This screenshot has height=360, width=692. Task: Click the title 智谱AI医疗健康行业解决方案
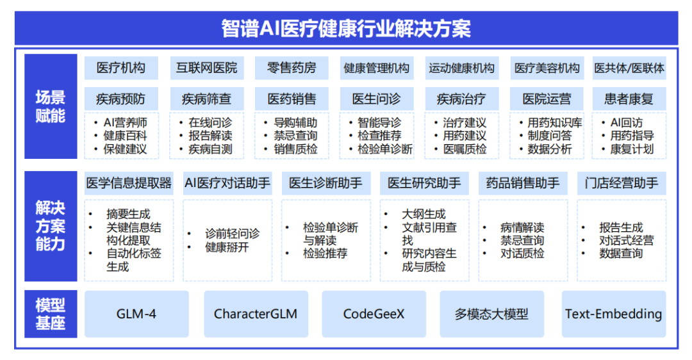(346, 28)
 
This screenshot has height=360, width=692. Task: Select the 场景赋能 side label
(51, 106)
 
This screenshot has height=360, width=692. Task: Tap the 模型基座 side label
(51, 314)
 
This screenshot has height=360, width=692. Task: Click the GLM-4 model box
(136, 314)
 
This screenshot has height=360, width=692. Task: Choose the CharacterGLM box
(256, 314)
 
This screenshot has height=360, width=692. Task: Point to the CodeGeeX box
(374, 314)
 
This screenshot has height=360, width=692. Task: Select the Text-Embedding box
(613, 314)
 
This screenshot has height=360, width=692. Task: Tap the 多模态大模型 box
(491, 314)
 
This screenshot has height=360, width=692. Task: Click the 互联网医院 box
(207, 68)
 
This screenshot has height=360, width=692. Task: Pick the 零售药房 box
(292, 68)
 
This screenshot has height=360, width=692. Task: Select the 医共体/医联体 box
(629, 68)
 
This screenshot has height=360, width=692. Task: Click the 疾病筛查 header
(207, 99)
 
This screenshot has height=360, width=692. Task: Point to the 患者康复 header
(629, 99)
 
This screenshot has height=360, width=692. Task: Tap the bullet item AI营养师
(125, 122)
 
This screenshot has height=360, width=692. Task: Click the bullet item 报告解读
(210, 136)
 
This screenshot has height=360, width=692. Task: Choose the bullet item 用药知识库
(555, 122)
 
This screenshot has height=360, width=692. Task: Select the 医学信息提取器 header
(129, 183)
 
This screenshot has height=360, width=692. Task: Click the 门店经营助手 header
(622, 183)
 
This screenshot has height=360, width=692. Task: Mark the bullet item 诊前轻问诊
(232, 234)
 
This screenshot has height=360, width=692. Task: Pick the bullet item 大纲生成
(424, 214)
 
